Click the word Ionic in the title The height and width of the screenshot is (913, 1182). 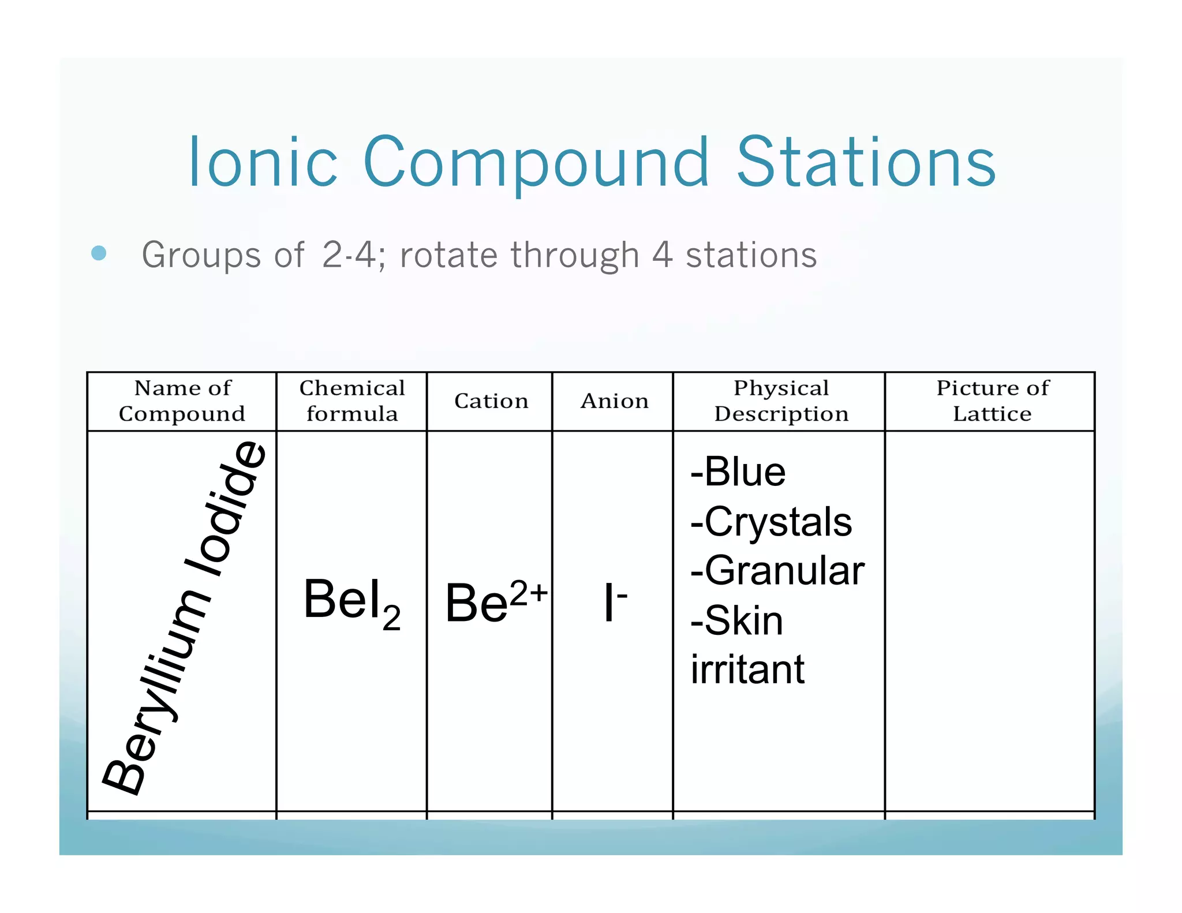tap(263, 163)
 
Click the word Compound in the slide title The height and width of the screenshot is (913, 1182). tap(536, 163)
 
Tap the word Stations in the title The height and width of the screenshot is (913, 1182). tap(866, 163)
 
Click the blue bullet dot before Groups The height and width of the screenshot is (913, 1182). tap(99, 253)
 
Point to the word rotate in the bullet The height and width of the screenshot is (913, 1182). tap(448, 255)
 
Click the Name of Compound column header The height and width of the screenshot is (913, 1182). tap(182, 401)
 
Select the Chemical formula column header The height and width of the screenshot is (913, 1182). tap(351, 401)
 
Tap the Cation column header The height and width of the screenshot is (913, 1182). tap(491, 401)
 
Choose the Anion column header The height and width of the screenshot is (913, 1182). tap(614, 401)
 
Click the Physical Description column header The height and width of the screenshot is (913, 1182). tap(781, 401)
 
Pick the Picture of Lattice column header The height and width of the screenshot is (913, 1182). tap(992, 401)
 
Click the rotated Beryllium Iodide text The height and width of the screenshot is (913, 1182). tap(184, 618)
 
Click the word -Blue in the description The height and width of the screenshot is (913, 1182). tap(738, 472)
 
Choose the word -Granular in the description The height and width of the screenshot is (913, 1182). tap(777, 571)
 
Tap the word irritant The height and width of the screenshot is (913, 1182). tap(747, 669)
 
